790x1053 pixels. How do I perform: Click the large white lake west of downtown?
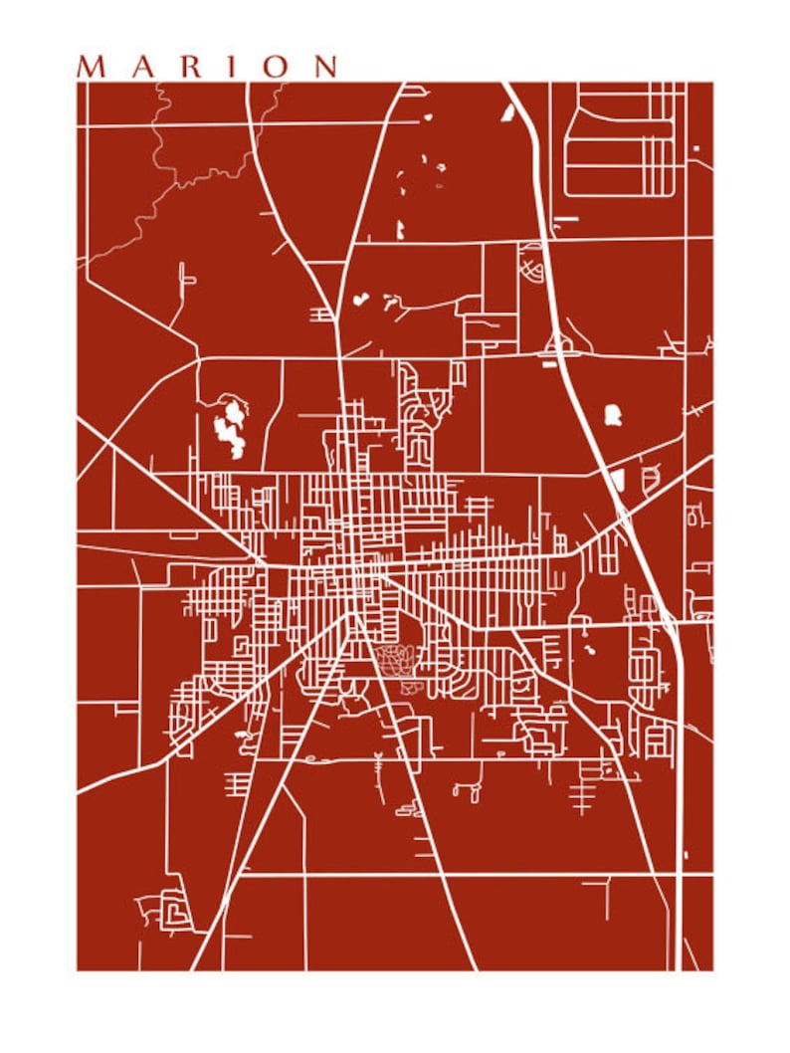(x=230, y=427)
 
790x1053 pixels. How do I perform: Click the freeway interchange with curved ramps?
(x=558, y=344)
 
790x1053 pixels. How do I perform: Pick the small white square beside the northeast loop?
(x=695, y=148)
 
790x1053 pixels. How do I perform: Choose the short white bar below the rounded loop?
(x=566, y=216)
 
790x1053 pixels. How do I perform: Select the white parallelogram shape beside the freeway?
(x=618, y=481)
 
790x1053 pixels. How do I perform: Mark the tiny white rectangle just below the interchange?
(x=550, y=364)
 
